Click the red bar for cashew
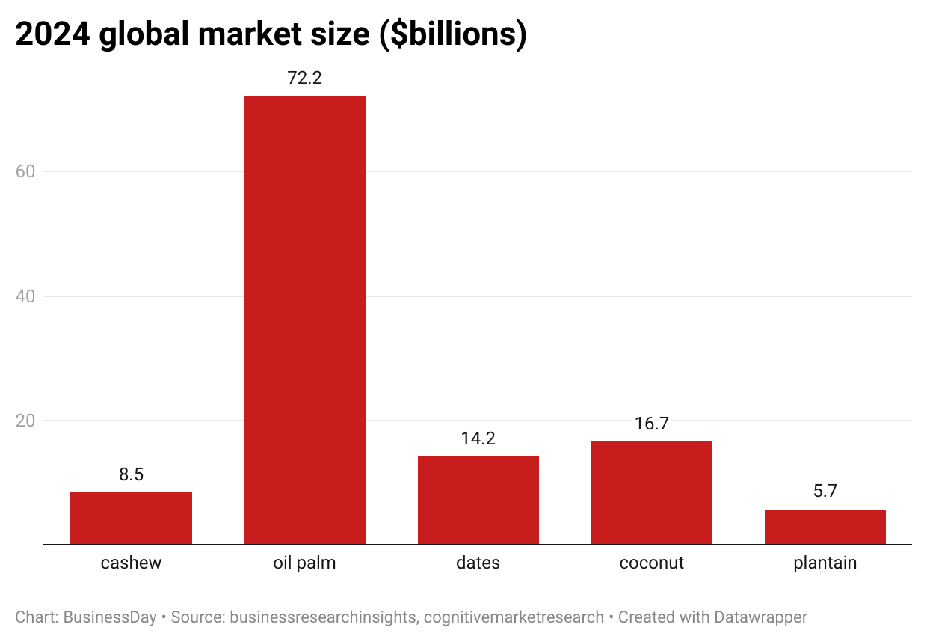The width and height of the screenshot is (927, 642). [131, 518]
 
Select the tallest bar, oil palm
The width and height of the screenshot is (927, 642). [304, 320]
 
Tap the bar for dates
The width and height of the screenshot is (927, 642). [478, 500]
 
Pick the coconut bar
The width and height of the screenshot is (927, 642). [651, 492]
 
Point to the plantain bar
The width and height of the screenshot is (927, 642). [825, 527]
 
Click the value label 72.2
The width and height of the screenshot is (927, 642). [304, 78]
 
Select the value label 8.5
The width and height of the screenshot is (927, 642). [131, 474]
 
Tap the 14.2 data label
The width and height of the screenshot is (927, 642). [478, 439]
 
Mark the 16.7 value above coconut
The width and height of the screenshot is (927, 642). [651, 424]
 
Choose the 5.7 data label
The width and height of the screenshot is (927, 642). [825, 492]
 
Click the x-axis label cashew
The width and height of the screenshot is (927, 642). [131, 563]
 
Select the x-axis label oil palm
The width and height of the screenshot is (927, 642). [304, 563]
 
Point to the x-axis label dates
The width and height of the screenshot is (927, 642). [478, 563]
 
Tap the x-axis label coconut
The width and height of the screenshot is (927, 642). [651, 563]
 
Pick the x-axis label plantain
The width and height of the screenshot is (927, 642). [825, 563]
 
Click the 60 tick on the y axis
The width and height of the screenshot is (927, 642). [27, 171]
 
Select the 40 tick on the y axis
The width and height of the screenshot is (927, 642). [27, 296]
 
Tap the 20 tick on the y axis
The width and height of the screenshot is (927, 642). [27, 421]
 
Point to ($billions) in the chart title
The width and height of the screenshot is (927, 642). [453, 35]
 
